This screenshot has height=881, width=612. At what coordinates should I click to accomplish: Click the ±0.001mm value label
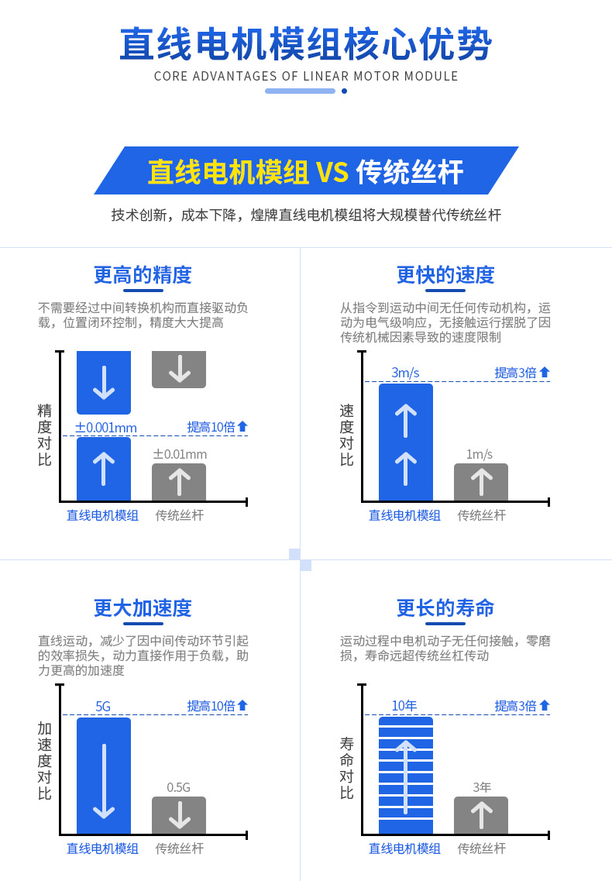pyautogui.click(x=106, y=428)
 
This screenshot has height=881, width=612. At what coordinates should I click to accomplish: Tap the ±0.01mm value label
pyautogui.click(x=180, y=454)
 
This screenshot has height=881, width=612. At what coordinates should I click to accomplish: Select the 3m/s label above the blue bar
pyautogui.click(x=405, y=373)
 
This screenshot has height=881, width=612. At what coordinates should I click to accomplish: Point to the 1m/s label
pyautogui.click(x=480, y=454)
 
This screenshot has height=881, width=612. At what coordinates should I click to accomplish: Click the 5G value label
pyautogui.click(x=103, y=706)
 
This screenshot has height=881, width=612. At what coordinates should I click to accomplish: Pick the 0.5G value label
pyautogui.click(x=179, y=787)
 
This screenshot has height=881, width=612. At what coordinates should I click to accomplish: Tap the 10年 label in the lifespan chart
pyautogui.click(x=404, y=706)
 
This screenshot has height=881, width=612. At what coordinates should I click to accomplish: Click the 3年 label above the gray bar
pyautogui.click(x=482, y=787)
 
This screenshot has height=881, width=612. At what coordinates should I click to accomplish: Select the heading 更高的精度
pyautogui.click(x=143, y=275)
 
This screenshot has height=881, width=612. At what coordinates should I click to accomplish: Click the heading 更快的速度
pyautogui.click(x=445, y=275)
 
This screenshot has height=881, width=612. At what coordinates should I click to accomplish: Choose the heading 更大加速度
pyautogui.click(x=143, y=608)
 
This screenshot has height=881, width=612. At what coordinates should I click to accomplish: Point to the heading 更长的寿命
pyautogui.click(x=445, y=608)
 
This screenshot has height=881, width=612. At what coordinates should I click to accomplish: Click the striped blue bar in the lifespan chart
pyautogui.click(x=406, y=776)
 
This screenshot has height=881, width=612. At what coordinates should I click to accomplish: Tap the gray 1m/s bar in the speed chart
pyautogui.click(x=481, y=482)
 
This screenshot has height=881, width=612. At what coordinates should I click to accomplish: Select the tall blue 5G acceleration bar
pyautogui.click(x=103, y=776)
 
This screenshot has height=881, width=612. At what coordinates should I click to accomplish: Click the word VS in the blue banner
pyautogui.click(x=332, y=172)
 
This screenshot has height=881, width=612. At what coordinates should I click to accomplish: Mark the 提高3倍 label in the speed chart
pyautogui.click(x=521, y=373)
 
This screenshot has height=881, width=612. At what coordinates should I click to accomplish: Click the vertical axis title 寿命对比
pyautogui.click(x=347, y=768)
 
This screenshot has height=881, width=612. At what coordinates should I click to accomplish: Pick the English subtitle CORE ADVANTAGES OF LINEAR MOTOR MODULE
pyautogui.click(x=306, y=77)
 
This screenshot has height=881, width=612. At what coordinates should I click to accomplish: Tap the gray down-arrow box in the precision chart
pyautogui.click(x=179, y=369)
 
